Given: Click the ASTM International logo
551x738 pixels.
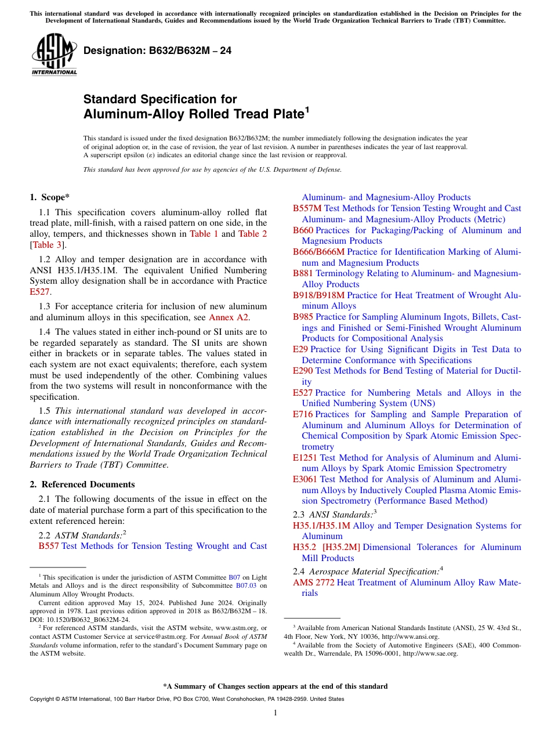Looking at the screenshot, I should (54, 56).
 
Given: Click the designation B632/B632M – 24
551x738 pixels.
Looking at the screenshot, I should (157, 50).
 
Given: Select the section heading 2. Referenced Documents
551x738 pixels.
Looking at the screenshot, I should (82, 484).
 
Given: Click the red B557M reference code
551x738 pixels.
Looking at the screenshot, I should (307, 208).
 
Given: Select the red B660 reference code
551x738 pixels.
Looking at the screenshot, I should (303, 230).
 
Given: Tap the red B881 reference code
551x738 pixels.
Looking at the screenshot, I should (303, 273).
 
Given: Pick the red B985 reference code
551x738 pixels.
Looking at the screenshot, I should (303, 317).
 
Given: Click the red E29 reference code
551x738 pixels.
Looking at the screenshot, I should (300, 349).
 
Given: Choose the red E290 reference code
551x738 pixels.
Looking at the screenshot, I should (303, 371).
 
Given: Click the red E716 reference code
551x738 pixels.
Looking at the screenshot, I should (303, 414).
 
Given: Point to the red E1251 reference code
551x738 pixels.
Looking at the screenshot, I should (305, 458).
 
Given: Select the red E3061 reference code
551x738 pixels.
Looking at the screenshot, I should (305, 479).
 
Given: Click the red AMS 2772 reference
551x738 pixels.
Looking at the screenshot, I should (313, 583).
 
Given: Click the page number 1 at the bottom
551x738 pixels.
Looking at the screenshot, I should (275, 712).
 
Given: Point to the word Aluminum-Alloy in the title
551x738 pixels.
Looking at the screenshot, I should (134, 114).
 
